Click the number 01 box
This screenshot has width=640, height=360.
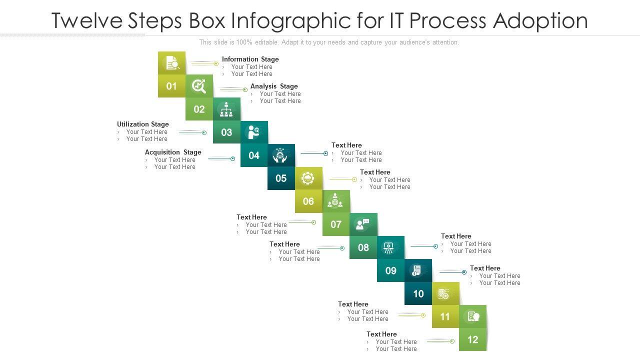(171, 86)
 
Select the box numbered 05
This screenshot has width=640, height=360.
(281, 178)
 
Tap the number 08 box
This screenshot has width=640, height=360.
(363, 247)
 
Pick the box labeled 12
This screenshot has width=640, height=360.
(472, 339)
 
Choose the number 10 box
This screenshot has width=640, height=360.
(418, 293)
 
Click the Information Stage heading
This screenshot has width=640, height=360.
(250, 59)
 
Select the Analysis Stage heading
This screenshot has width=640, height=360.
(274, 86)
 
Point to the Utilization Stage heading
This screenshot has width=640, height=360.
(143, 124)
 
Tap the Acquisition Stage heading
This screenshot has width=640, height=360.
(173, 152)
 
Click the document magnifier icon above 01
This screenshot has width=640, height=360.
(172, 63)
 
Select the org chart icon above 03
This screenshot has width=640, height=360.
(226, 109)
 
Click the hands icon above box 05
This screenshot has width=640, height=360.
(281, 155)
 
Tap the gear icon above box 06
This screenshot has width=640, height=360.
(308, 178)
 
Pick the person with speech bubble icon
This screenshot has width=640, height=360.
(363, 224)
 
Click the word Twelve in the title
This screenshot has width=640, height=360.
(86, 20)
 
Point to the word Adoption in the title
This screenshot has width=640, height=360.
(540, 20)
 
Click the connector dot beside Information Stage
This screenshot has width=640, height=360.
(216, 63)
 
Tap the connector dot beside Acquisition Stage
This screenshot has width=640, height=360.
(232, 158)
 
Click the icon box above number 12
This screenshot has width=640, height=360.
(472, 316)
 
